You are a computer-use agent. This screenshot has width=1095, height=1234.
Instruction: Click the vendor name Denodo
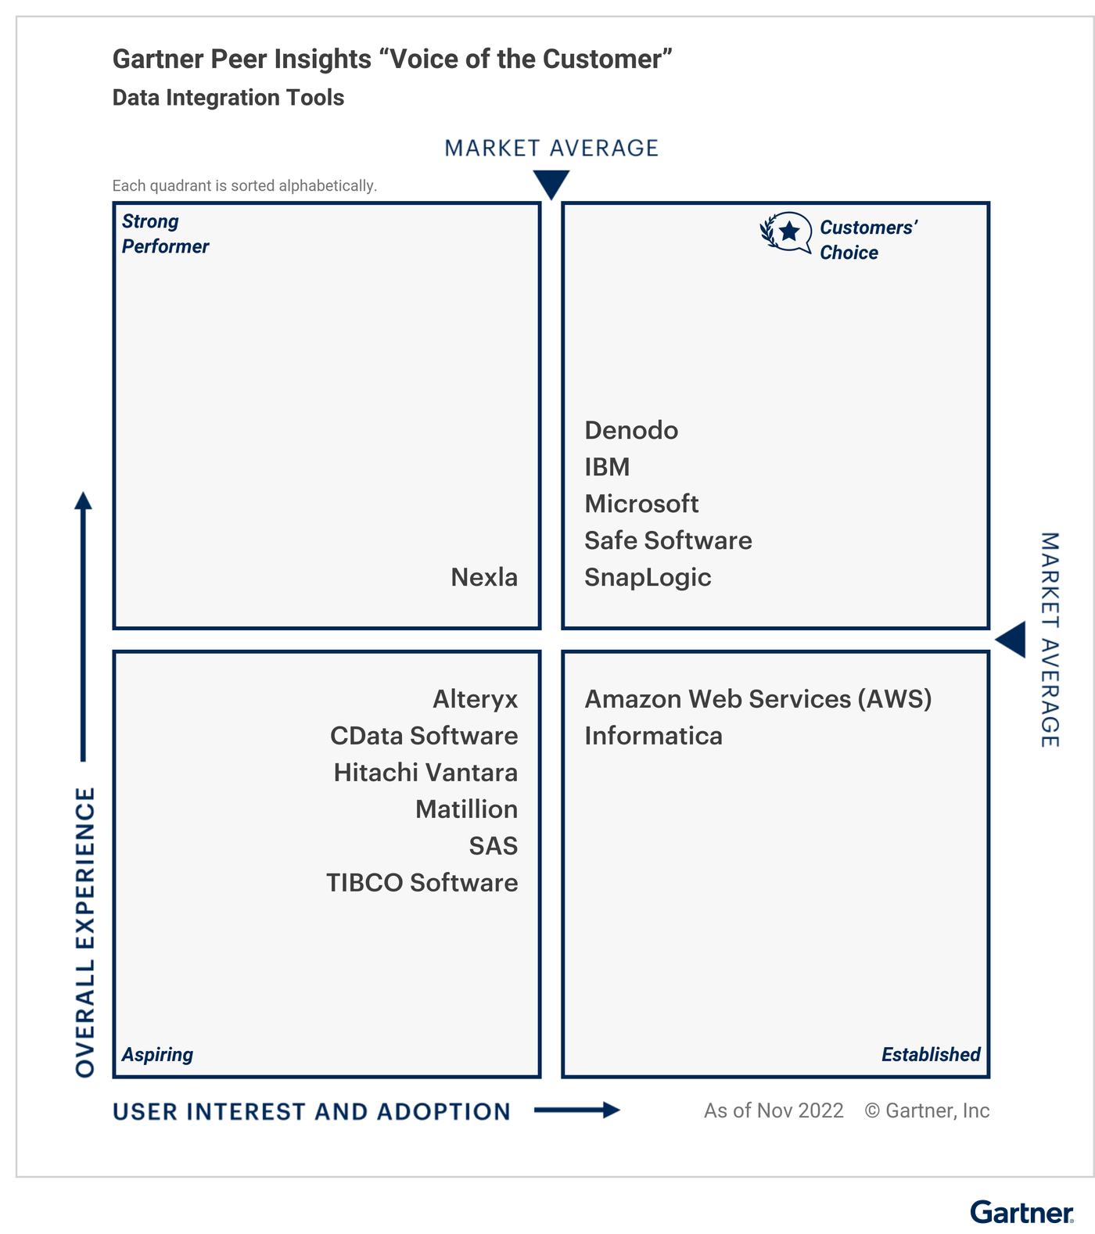tap(631, 430)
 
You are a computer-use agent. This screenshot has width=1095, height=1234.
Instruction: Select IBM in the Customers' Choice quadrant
tap(607, 467)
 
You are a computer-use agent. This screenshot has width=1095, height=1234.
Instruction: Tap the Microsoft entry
tap(641, 504)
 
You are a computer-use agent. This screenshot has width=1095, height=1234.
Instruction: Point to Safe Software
tap(668, 540)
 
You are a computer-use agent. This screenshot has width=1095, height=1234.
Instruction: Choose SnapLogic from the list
tap(648, 577)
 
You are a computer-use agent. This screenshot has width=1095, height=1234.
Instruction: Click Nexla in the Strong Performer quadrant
tap(484, 577)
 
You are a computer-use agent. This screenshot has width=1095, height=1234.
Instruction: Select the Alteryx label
tap(476, 699)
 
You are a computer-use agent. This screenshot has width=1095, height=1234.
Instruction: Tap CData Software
tap(424, 736)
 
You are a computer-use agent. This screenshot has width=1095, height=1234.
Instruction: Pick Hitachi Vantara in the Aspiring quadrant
tap(425, 773)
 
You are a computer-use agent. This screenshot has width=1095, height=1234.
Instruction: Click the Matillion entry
tap(466, 809)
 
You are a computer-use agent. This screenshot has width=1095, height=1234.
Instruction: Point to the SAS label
tap(494, 846)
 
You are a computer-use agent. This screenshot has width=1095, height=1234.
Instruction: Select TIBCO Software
tap(422, 883)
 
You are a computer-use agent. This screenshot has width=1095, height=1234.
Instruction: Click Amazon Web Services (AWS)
tap(758, 699)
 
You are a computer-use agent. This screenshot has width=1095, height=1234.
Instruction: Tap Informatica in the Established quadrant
tap(653, 736)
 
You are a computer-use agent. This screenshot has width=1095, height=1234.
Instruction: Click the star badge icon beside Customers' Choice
tap(786, 232)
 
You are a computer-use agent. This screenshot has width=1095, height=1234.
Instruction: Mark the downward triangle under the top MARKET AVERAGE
tap(551, 185)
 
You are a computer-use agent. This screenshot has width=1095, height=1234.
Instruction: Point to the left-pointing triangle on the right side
tap(1011, 640)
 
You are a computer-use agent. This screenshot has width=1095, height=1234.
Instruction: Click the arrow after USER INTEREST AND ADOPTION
tap(577, 1110)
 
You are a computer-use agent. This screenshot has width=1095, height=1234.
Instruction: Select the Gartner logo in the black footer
tap(1021, 1213)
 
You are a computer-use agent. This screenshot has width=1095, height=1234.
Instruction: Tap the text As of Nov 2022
tap(774, 1110)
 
